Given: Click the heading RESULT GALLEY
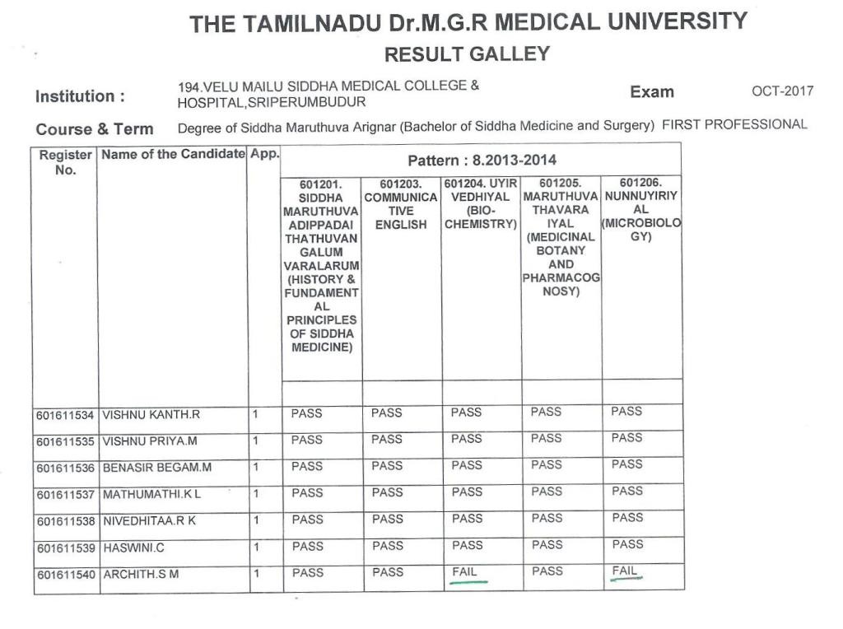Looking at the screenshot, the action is tap(467, 54).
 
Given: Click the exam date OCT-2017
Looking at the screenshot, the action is tap(782, 91).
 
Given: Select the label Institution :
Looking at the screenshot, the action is tap(80, 96).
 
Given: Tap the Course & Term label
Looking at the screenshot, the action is tap(95, 129).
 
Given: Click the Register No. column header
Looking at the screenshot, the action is tap(65, 161).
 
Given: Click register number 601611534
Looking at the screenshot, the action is tap(65, 415).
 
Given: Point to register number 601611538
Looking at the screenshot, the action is tap(65, 520).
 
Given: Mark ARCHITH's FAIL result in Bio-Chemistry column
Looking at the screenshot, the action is tap(465, 571).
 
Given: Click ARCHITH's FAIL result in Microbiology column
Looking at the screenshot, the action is tap(626, 571).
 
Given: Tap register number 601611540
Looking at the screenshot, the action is tap(65, 574).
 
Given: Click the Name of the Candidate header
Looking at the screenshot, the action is tap(174, 154).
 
